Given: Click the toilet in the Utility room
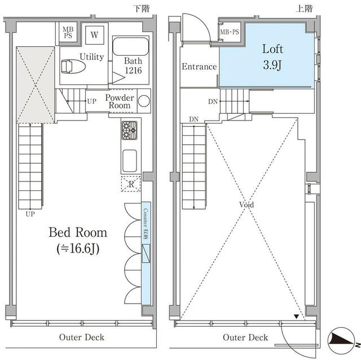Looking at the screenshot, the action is (x=73, y=66).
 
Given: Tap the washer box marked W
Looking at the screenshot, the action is (x=94, y=35).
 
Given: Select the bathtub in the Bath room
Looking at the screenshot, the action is (x=130, y=46).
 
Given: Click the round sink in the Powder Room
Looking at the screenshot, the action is (x=144, y=101).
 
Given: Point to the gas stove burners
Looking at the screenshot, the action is (x=129, y=130).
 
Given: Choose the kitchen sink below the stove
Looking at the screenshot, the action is (x=130, y=161).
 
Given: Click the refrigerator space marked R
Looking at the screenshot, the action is (x=131, y=184).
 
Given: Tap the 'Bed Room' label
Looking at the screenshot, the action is (x=78, y=232).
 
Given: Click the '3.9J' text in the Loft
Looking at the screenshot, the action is (x=272, y=65).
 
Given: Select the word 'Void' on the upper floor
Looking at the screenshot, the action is (x=246, y=205).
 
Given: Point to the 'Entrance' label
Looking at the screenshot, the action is (x=199, y=66).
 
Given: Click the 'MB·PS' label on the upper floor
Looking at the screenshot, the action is (x=230, y=32).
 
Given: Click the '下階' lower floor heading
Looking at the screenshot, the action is (x=142, y=8).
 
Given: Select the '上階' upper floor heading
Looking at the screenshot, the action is (x=304, y=8).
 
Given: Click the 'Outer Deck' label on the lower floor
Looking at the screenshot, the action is (x=81, y=337).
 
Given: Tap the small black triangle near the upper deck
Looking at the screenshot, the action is (x=297, y=317).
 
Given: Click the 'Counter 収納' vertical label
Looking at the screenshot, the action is (x=146, y=224).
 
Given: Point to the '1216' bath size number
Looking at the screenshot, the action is (x=133, y=70).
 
